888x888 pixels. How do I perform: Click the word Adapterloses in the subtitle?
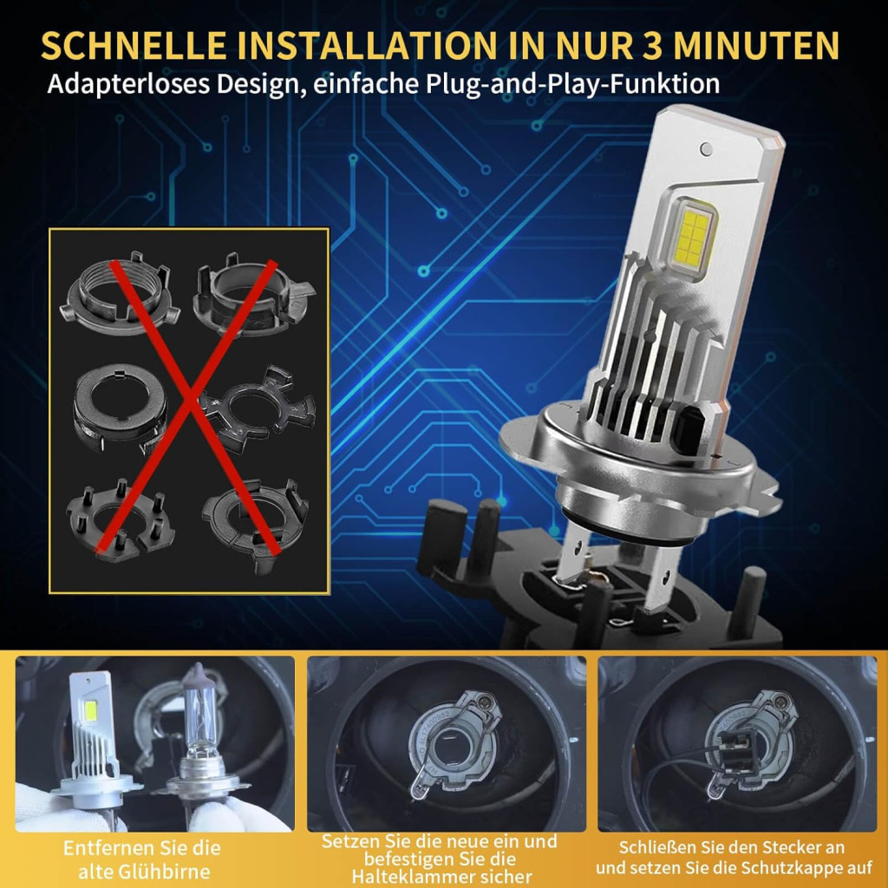tap(129, 85)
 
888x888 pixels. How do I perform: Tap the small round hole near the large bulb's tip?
tap(706, 149)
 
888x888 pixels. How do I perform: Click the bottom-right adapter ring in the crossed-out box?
tap(256, 524)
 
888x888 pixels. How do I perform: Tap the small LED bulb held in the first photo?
tap(95, 736)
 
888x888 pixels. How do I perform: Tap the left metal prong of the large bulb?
tap(574, 558)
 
